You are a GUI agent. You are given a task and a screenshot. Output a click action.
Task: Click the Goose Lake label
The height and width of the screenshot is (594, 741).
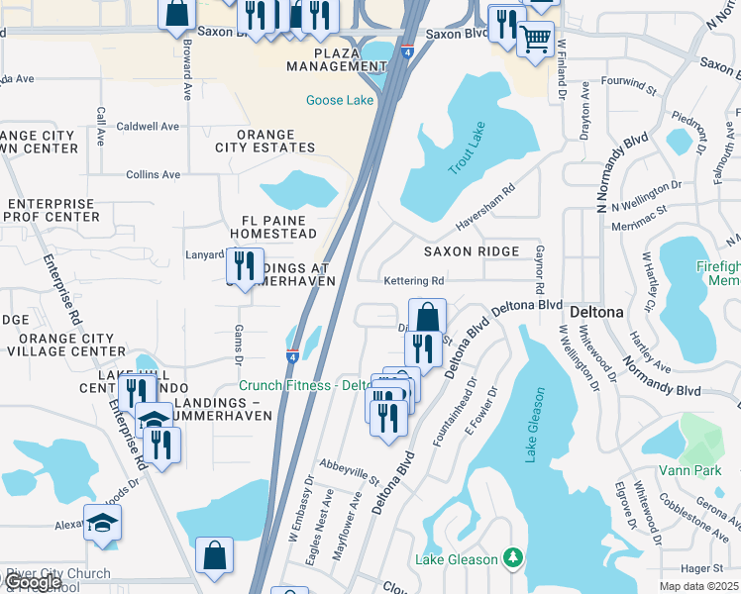point(340,101)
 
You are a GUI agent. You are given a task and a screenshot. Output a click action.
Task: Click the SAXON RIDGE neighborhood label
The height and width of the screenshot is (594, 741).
point(472,251)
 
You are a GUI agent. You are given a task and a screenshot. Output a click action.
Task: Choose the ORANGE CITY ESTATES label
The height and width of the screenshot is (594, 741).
point(256,142)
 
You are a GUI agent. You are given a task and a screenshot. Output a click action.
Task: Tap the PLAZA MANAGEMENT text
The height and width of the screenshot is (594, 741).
point(322,59)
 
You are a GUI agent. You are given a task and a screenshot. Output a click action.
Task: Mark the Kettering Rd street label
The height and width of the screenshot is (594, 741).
point(415,281)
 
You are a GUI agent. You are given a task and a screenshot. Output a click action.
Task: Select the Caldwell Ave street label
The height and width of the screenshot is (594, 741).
point(148,127)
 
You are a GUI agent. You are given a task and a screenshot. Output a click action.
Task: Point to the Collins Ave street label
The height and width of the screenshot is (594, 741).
point(153,174)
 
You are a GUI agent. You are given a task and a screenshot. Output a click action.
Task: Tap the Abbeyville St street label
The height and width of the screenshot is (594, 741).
point(350,471)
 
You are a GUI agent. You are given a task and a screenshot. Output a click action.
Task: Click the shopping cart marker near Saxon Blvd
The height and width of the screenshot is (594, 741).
point(535,40)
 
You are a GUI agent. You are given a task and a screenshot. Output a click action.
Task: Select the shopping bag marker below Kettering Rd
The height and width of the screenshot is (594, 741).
point(427,317)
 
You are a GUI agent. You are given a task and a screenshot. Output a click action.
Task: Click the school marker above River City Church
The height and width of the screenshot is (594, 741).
point(102,523)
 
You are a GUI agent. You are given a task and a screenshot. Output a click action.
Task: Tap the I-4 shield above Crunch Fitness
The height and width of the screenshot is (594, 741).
point(293,355)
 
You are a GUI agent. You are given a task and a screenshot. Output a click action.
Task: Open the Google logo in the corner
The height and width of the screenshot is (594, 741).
point(32,582)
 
